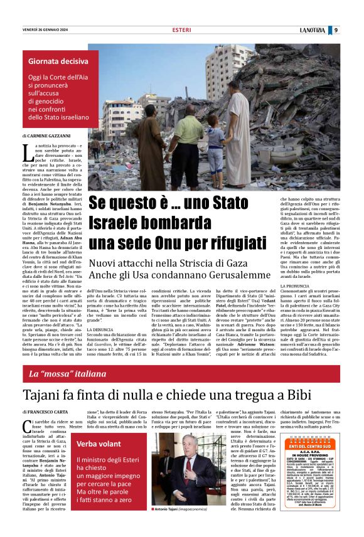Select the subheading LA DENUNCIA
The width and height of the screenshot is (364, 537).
click(x=100, y=329)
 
